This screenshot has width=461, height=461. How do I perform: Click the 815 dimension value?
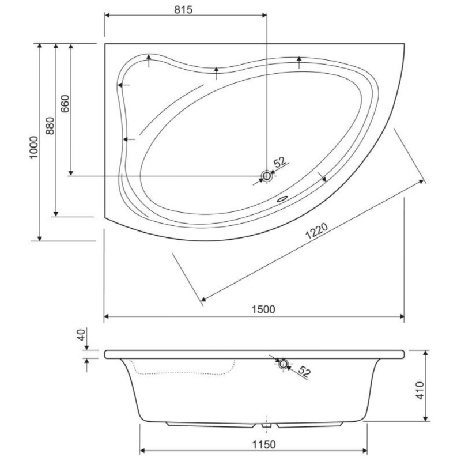point(183,10)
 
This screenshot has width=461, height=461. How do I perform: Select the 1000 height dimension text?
point(34,148)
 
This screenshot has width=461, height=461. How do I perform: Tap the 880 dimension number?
point(50,126)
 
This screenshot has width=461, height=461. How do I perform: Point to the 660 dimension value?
point(65,104)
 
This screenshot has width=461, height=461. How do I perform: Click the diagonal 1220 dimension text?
point(316,231)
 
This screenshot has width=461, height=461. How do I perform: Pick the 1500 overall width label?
point(263,309)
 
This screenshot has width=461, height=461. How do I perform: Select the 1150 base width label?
point(264,444)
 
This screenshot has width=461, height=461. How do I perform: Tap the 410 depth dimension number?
point(420,390)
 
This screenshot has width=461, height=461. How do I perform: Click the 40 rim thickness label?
point(81,335)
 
